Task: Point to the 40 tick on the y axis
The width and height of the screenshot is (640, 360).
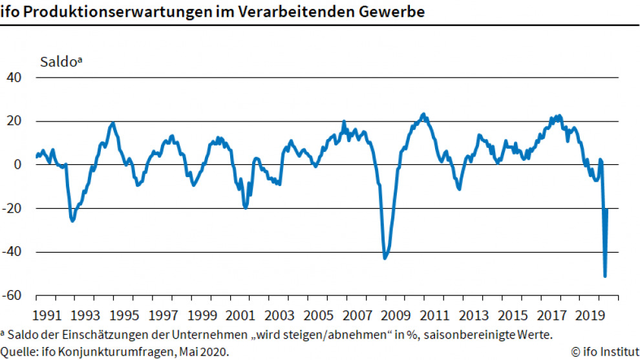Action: pyautogui.click(x=14, y=78)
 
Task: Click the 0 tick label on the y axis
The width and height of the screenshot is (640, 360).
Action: pyautogui.click(x=18, y=165)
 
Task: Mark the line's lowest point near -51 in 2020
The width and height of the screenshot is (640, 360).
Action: pyautogui.click(x=605, y=276)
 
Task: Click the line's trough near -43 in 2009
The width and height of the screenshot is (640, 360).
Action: pyautogui.click(x=385, y=258)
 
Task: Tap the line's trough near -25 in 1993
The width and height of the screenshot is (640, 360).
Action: pyautogui.click(x=72, y=220)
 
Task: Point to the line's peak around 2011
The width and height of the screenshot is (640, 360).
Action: pyautogui.click(x=423, y=115)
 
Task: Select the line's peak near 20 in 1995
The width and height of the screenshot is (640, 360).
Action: pyautogui.click(x=113, y=123)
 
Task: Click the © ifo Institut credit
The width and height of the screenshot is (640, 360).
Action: pyautogui.click(x=604, y=352)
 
